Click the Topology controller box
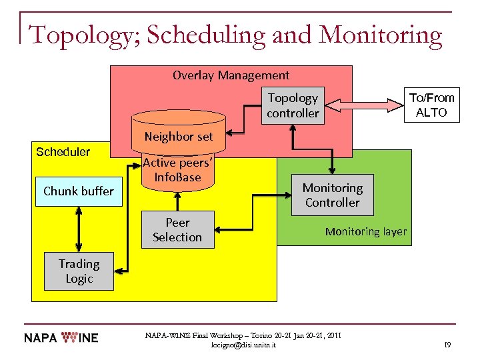click(x=293, y=105)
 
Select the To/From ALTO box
click(x=431, y=105)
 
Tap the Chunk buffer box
click(x=79, y=191)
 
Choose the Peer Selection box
click(x=177, y=230)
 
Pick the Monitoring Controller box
click(x=333, y=195)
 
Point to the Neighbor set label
click(x=179, y=137)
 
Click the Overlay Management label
click(x=231, y=75)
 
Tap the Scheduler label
click(x=63, y=152)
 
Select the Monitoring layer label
click(x=365, y=232)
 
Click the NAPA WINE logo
click(x=61, y=337)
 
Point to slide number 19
click(x=447, y=345)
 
